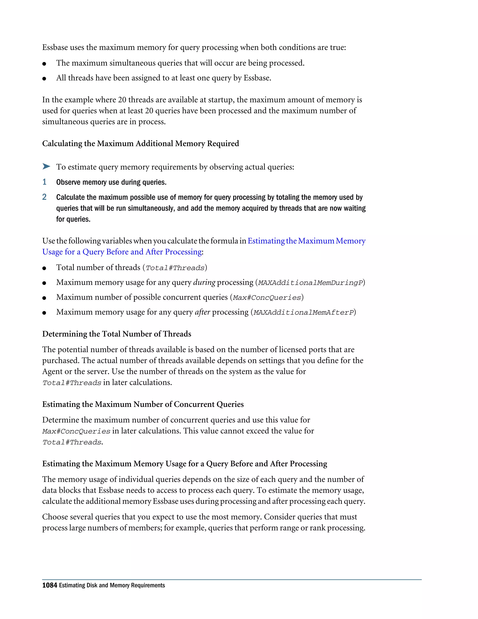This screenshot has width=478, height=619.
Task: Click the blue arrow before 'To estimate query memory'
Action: (46, 166)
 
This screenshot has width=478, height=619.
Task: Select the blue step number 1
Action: (44, 182)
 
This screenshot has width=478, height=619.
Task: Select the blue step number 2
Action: (44, 197)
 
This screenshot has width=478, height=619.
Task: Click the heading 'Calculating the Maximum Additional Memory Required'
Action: (141, 143)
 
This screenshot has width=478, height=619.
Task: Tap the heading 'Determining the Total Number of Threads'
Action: (117, 334)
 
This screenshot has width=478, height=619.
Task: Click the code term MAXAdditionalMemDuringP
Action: (310, 283)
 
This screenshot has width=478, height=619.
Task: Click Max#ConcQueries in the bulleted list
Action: (267, 298)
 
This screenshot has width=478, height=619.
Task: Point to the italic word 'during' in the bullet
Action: (204, 282)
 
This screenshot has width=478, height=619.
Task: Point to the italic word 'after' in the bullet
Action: (202, 312)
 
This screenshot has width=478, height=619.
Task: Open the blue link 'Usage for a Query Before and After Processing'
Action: (122, 252)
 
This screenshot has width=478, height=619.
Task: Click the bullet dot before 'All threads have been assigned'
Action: (44, 78)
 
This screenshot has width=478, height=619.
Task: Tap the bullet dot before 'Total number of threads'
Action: (44, 268)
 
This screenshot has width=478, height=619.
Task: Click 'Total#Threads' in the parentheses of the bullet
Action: (175, 268)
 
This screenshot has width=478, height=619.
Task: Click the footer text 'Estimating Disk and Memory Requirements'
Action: (112, 585)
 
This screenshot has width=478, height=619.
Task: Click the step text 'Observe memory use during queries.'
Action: (111, 182)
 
